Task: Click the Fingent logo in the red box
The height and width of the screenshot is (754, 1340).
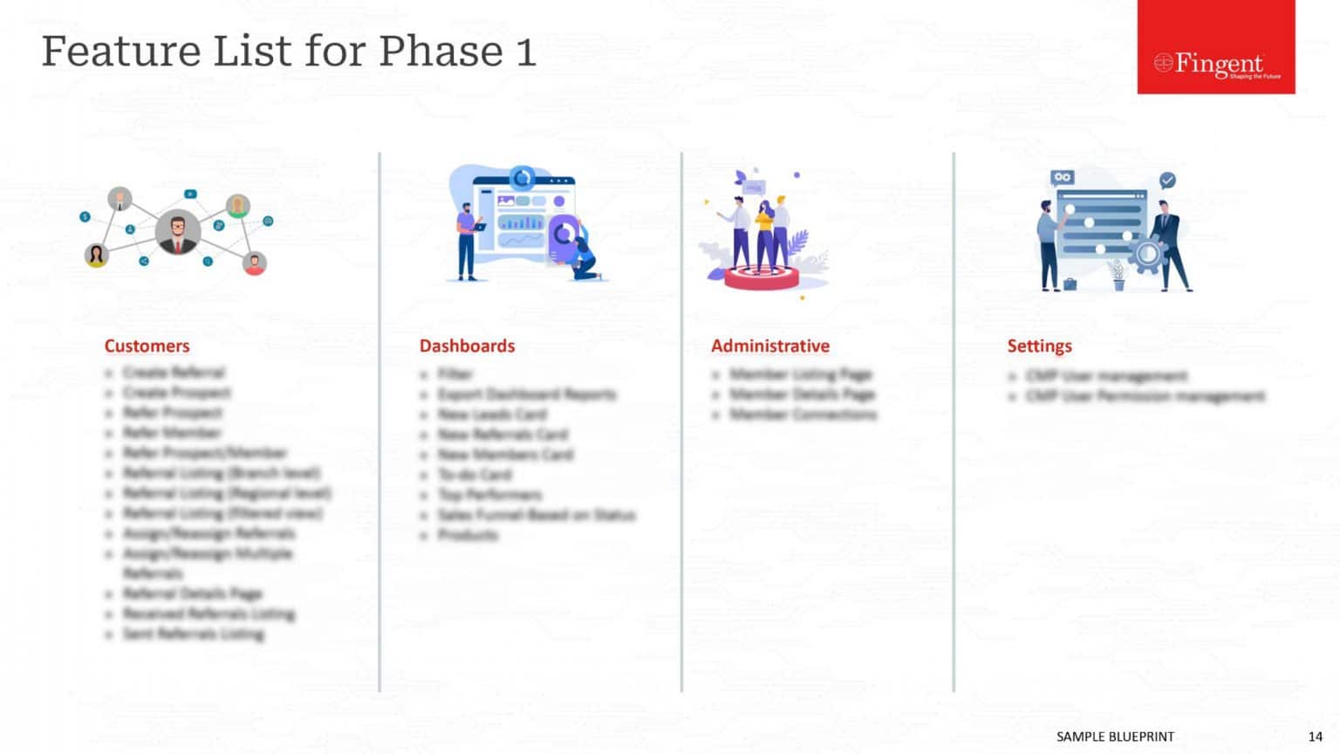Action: pos(1216,64)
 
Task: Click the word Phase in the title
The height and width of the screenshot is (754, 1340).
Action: pos(441,51)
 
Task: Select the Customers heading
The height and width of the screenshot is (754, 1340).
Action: pos(147,346)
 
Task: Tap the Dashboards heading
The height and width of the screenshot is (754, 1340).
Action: pos(467,346)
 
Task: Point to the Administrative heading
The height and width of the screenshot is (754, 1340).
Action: pos(769,346)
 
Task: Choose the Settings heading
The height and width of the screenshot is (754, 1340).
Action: pos(1039,346)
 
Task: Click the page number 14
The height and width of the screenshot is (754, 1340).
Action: pos(1315,737)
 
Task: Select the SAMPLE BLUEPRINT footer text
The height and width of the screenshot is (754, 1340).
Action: pos(1115,737)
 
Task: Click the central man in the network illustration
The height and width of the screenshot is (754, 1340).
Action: pos(178,233)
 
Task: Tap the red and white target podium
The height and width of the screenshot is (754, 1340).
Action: pos(762,278)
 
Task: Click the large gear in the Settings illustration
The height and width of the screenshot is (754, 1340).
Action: pos(1147,254)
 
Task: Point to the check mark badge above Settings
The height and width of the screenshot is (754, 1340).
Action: pos(1167,180)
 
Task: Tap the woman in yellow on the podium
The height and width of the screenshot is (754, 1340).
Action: pos(765,231)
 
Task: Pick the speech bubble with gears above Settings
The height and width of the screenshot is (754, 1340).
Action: pos(1062,178)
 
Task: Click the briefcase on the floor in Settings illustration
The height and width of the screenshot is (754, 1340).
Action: pos(1070,284)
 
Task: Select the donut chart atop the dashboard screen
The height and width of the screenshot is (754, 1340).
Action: pos(522,178)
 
